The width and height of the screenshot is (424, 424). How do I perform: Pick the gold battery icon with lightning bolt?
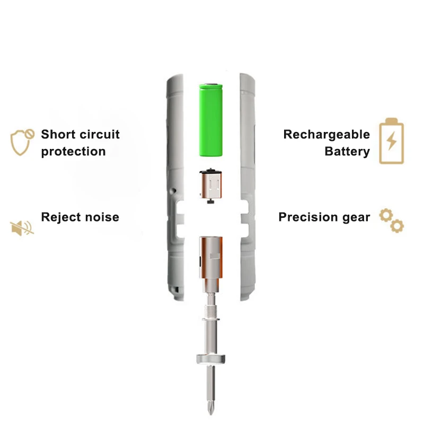tap(391, 141)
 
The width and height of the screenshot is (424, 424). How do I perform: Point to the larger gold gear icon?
tap(386, 216)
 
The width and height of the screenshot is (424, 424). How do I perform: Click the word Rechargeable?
tap(326, 134)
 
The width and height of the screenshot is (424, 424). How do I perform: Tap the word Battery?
tap(347, 152)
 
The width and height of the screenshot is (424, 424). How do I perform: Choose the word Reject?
tap(59, 217)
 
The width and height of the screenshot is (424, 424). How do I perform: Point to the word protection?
tap(73, 152)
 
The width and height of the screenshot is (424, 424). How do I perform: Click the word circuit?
tap(99, 134)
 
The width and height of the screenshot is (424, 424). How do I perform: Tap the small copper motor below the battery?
tap(212, 186)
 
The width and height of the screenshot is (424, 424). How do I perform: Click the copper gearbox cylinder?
tap(212, 258)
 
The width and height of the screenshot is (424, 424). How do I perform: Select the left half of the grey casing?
tap(175, 185)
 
